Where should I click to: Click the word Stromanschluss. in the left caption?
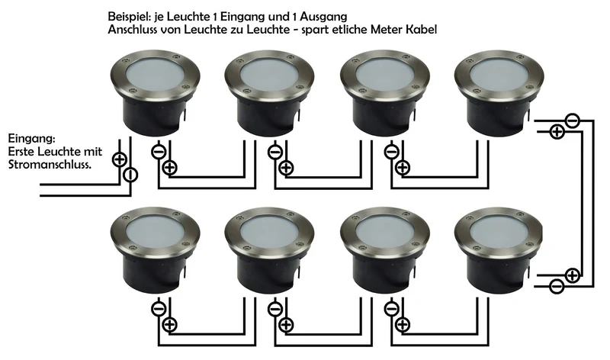(50, 164)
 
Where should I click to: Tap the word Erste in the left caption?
(21, 151)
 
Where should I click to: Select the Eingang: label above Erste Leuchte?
(31, 139)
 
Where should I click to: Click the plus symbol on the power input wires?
(119, 159)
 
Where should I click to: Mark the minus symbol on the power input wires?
(130, 175)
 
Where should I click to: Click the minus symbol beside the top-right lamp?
(573, 121)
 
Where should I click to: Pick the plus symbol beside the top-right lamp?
(557, 132)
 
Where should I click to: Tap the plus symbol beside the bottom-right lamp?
(572, 275)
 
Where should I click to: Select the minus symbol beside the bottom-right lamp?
(557, 287)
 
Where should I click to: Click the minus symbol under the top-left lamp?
(159, 152)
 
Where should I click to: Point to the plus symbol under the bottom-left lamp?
(169, 325)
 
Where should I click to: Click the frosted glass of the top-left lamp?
(155, 73)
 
